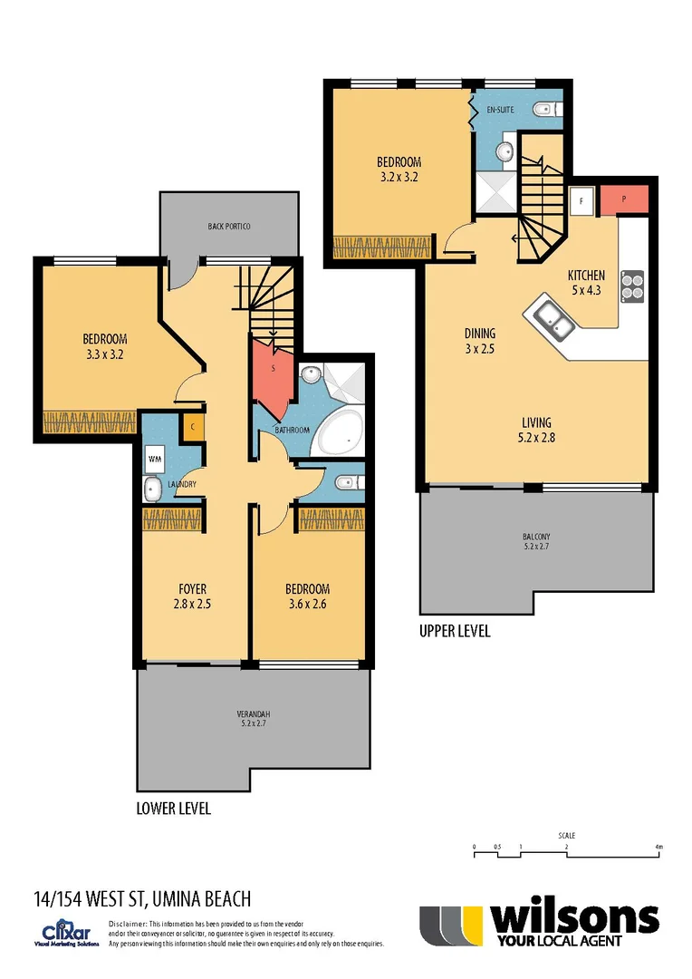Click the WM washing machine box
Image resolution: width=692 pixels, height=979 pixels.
click(152, 459)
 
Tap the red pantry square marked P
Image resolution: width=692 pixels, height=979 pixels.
click(623, 199)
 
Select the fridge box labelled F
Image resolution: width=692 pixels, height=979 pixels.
click(581, 199)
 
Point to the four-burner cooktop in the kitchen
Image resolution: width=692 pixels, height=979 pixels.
click(631, 286)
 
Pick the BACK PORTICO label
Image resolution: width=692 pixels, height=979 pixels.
click(228, 225)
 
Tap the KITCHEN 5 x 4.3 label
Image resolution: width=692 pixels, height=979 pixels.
click(586, 283)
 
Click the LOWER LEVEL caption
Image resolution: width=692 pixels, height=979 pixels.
click(173, 808)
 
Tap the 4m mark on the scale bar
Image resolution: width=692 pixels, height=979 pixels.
click(658, 848)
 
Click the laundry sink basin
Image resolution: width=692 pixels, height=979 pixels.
click(152, 490)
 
